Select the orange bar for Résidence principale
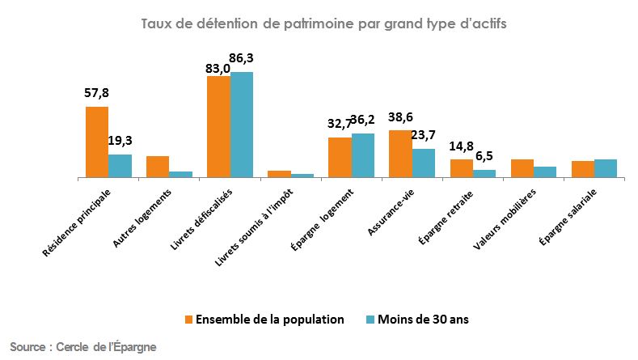point(97,142)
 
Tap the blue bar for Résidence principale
point(120,165)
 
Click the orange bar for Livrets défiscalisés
point(218,126)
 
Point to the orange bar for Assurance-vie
point(400,153)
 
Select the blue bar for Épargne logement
point(362,155)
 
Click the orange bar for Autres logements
point(158,166)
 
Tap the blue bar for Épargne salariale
point(605,167)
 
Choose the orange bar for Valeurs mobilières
point(522,167)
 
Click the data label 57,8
point(96,93)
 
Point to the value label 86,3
point(243,58)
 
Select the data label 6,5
point(484,155)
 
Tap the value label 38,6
point(400,116)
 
